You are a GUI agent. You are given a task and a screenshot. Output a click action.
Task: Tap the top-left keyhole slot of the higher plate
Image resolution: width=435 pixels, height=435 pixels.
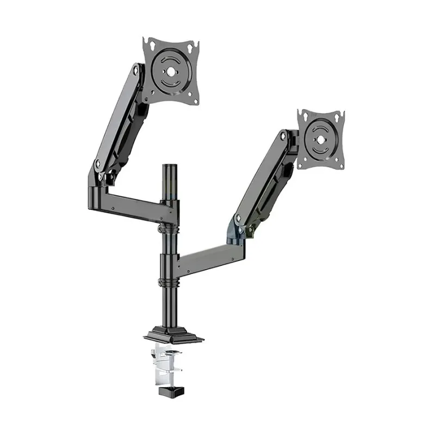click(x=148, y=44)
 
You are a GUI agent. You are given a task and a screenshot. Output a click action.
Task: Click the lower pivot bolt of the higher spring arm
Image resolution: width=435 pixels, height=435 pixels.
click(x=98, y=163)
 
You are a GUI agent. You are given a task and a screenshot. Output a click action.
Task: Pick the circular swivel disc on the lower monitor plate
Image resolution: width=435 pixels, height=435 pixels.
click(x=320, y=138)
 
